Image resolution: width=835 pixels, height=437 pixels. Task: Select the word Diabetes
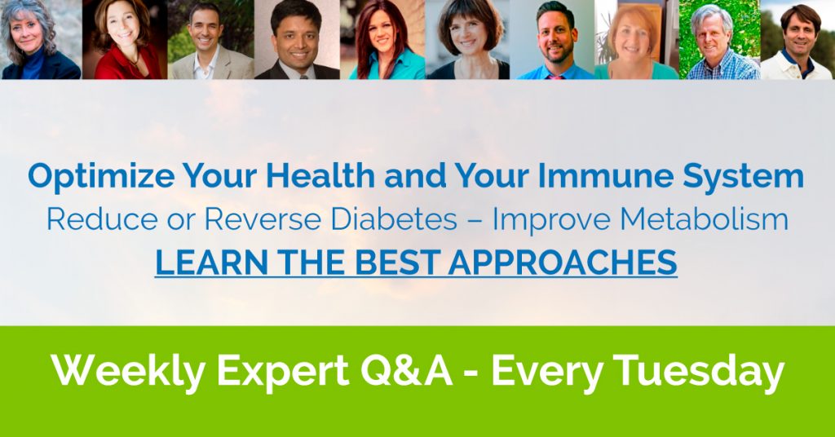point(394,219)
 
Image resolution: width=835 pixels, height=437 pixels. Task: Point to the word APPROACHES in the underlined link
point(563,263)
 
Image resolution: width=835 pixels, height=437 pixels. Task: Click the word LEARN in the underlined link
point(211,263)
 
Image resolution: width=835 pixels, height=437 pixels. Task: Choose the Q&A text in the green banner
point(406,370)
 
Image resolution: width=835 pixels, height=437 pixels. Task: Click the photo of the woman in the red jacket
point(125,39)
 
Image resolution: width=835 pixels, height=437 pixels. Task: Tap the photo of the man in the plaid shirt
point(719,39)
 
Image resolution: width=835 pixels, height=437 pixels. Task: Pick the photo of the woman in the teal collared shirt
point(383,39)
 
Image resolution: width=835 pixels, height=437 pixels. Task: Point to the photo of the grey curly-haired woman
point(41,39)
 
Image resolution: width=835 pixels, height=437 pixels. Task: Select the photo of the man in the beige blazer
point(211,39)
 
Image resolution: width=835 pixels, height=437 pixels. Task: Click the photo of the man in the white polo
point(797,39)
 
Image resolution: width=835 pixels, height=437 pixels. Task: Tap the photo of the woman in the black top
point(468,39)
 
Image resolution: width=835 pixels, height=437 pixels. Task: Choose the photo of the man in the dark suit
point(297,39)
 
